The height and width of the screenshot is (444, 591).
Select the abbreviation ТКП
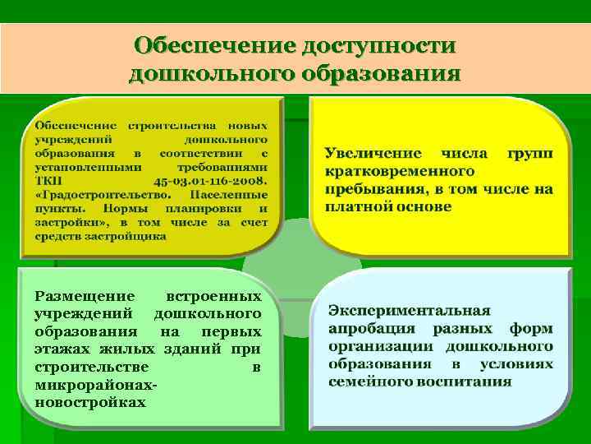click(x=48, y=181)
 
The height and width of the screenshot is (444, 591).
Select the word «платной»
click(x=358, y=206)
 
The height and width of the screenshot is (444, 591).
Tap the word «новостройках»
click(x=89, y=402)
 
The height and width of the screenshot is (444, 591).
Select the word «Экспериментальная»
click(x=409, y=311)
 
